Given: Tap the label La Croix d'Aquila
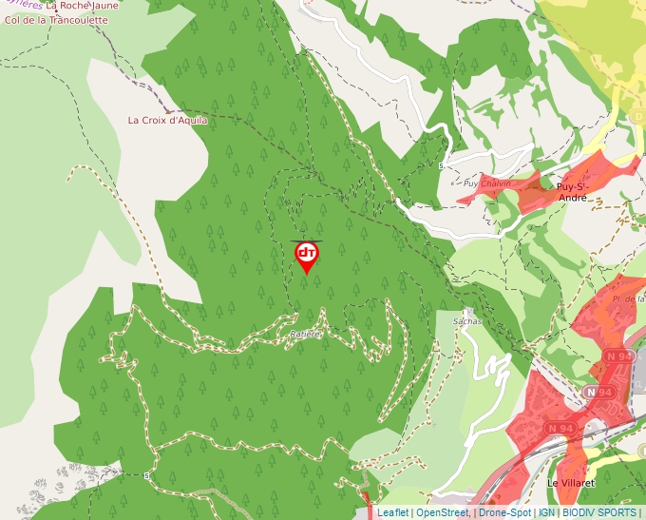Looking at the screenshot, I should click(168, 121).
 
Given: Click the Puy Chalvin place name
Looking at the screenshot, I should click(487, 183).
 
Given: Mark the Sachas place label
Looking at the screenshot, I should click(468, 321).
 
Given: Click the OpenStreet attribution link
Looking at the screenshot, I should click(442, 512).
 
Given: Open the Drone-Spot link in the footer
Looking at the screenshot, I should click(504, 512).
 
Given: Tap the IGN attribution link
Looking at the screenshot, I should click(547, 512).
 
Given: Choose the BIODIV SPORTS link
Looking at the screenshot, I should click(598, 512).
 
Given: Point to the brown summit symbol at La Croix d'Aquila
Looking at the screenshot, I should click(168, 107).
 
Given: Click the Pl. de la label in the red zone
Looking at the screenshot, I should click(629, 299).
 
